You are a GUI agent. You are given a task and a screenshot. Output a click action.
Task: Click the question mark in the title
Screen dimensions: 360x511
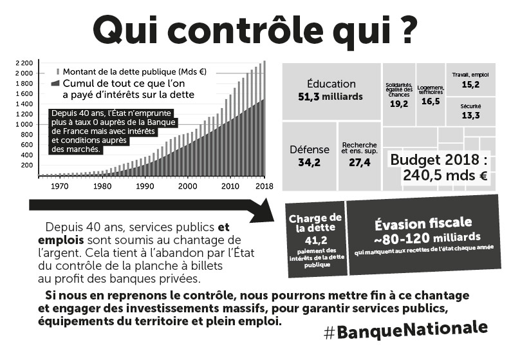point(404,31)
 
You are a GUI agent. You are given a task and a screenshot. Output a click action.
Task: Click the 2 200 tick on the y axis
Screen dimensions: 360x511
point(24,62)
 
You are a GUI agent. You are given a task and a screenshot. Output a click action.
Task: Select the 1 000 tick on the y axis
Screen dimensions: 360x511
point(24,124)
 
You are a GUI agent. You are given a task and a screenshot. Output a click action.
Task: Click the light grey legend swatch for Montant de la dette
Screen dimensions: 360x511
point(58,71)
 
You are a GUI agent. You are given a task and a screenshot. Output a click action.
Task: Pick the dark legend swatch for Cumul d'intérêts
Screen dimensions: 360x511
point(55,84)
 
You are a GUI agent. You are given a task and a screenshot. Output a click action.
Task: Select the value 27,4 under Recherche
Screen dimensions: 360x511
point(359,162)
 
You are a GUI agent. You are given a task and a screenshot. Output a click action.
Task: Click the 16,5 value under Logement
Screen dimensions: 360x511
point(431,102)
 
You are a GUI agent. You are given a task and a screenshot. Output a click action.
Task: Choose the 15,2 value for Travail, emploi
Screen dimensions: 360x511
point(470,84)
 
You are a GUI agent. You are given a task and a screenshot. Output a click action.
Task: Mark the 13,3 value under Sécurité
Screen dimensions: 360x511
point(470,116)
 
